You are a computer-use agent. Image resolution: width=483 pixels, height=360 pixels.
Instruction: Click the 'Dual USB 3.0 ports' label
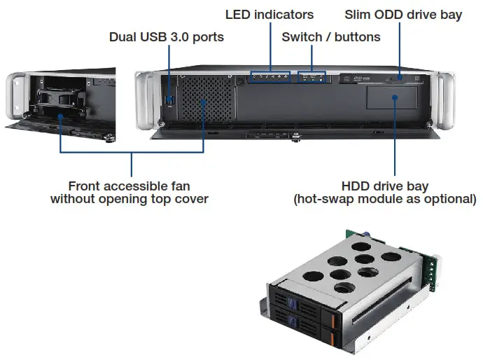[166, 36]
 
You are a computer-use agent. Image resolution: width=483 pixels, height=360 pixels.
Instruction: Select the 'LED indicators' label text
[269, 14]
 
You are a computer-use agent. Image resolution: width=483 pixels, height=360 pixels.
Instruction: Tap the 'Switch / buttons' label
[330, 36]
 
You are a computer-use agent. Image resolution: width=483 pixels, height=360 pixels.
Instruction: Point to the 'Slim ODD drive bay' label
[403, 14]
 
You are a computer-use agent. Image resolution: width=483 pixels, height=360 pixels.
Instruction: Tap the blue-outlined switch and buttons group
[313, 76]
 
